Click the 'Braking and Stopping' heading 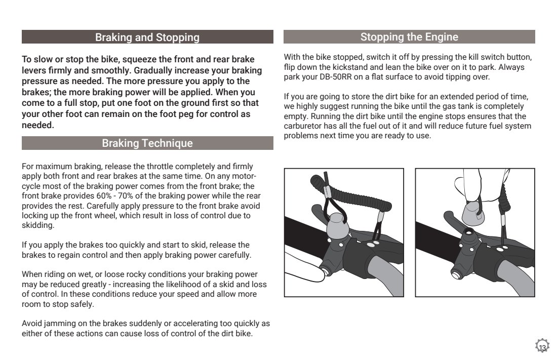(147, 37)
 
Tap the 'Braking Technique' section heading (147, 143)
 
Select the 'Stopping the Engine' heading (409, 37)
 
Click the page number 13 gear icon (542, 347)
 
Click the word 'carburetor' (303, 126)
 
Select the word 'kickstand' (348, 67)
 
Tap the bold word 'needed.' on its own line (37, 126)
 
